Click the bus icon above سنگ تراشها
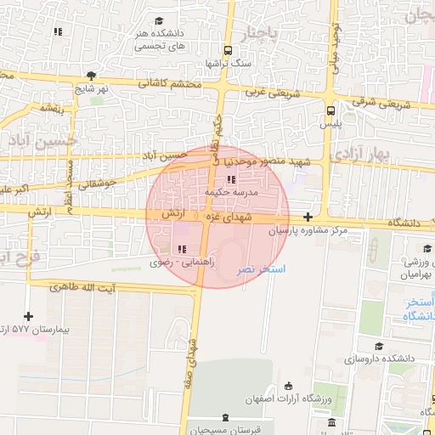point(227,49)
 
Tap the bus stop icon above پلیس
point(330,110)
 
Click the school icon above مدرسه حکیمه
point(231,180)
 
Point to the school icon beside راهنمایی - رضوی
point(180,248)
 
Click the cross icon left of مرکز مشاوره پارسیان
point(307,217)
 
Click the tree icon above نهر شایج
point(91,76)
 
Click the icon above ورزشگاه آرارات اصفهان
point(289,387)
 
